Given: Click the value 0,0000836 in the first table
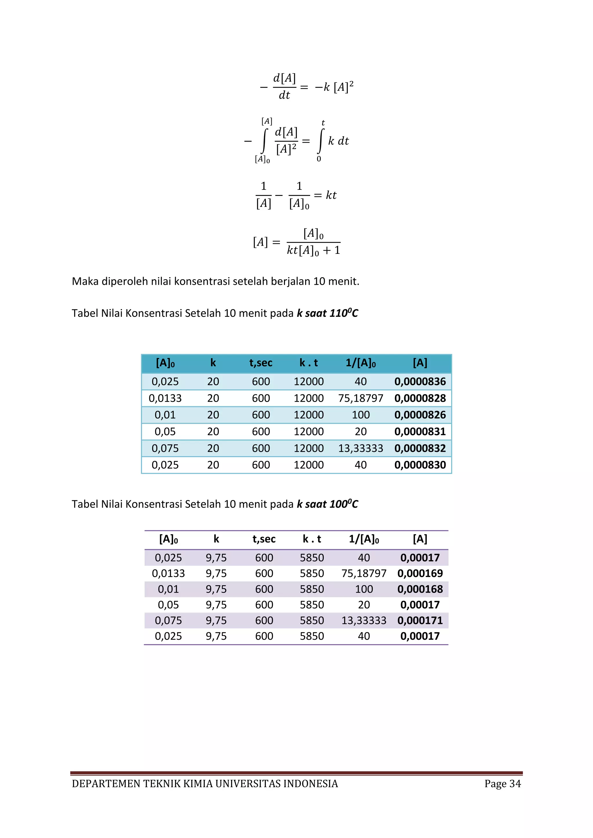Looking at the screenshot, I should coord(420,381).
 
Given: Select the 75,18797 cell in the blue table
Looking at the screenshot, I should coord(360,398).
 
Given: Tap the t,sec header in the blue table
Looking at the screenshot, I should coord(261,363).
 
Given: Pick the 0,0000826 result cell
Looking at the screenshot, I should coord(420,415).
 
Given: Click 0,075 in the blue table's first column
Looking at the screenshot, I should coord(165,448).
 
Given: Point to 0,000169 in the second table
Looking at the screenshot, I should coord(420,574).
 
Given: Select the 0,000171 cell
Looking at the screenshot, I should coord(420,620).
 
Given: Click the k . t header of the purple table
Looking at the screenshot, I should coord(312,539).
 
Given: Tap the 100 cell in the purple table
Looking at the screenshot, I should coord(364,589).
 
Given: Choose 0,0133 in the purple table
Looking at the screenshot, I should coord(168,574).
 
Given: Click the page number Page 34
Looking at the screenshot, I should coord(502,784).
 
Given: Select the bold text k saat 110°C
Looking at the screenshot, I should coord(327,313).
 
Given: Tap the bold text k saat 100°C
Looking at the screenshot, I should coord(327,504).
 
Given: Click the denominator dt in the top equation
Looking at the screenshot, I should coord(284,95).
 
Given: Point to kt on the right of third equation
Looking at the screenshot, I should coord(331,195).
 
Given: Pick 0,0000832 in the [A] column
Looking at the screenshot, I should coord(420,448).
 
